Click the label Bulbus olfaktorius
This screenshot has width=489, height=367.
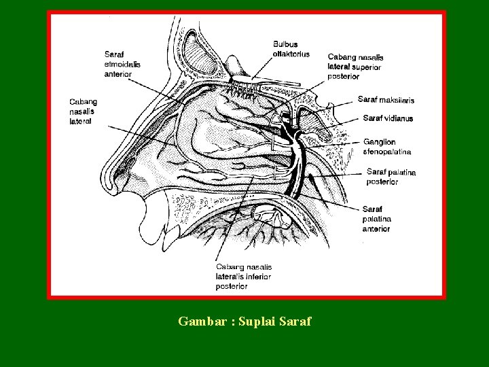(291, 49)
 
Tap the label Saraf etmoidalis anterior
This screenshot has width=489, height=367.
(122, 63)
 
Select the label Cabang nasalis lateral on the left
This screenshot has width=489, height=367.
(82, 111)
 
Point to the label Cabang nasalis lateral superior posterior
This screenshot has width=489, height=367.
(354, 67)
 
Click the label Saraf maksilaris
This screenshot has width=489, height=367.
(385, 100)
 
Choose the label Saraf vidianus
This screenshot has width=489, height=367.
(388, 118)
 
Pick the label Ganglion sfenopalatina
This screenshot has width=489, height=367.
(386, 146)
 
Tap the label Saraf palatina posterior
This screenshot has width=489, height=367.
(391, 177)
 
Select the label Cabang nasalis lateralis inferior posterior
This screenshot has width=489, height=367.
(244, 276)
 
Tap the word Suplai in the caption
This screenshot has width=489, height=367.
(260, 321)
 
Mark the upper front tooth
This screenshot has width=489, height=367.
(167, 234)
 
